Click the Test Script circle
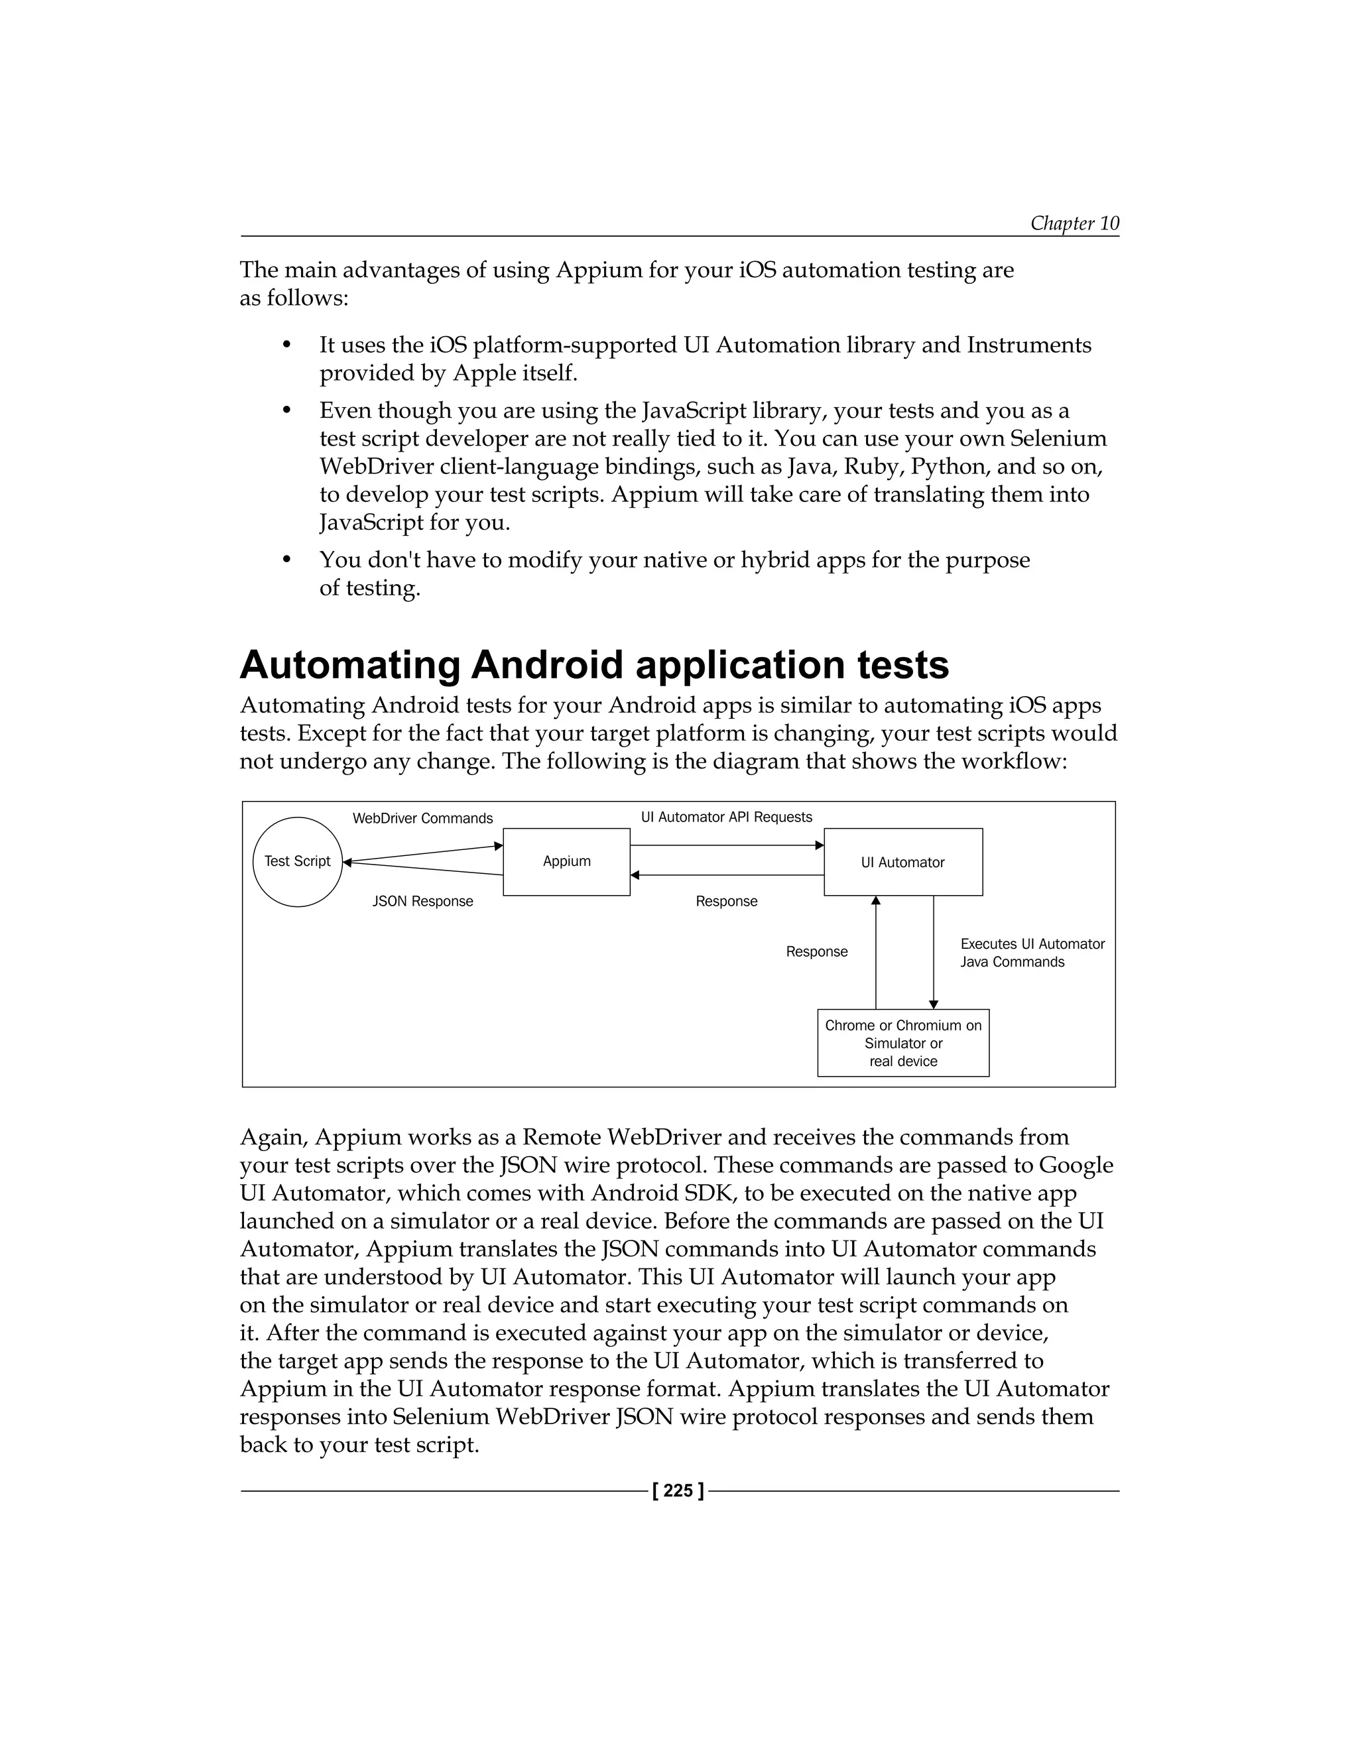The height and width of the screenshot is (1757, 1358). click(297, 862)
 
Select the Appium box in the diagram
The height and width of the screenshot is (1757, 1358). click(566, 862)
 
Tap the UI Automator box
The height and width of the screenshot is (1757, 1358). click(902, 863)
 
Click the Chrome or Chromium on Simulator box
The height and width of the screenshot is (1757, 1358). click(902, 1043)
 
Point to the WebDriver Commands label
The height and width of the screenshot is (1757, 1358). click(422, 818)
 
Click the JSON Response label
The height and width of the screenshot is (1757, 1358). click(422, 901)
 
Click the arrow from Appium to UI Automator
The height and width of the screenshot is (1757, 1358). click(727, 845)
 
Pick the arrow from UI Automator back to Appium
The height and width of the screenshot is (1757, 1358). click(727, 875)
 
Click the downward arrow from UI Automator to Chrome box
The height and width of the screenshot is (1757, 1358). click(933, 953)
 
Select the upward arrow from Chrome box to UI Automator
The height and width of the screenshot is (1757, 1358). click(876, 953)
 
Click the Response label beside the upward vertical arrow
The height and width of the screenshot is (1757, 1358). click(816, 951)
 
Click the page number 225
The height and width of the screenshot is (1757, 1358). click(678, 1490)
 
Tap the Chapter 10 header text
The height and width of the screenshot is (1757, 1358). click(1074, 223)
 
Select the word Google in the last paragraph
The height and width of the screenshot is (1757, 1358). click(1076, 1165)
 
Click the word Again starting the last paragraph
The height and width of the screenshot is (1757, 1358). click(274, 1138)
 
